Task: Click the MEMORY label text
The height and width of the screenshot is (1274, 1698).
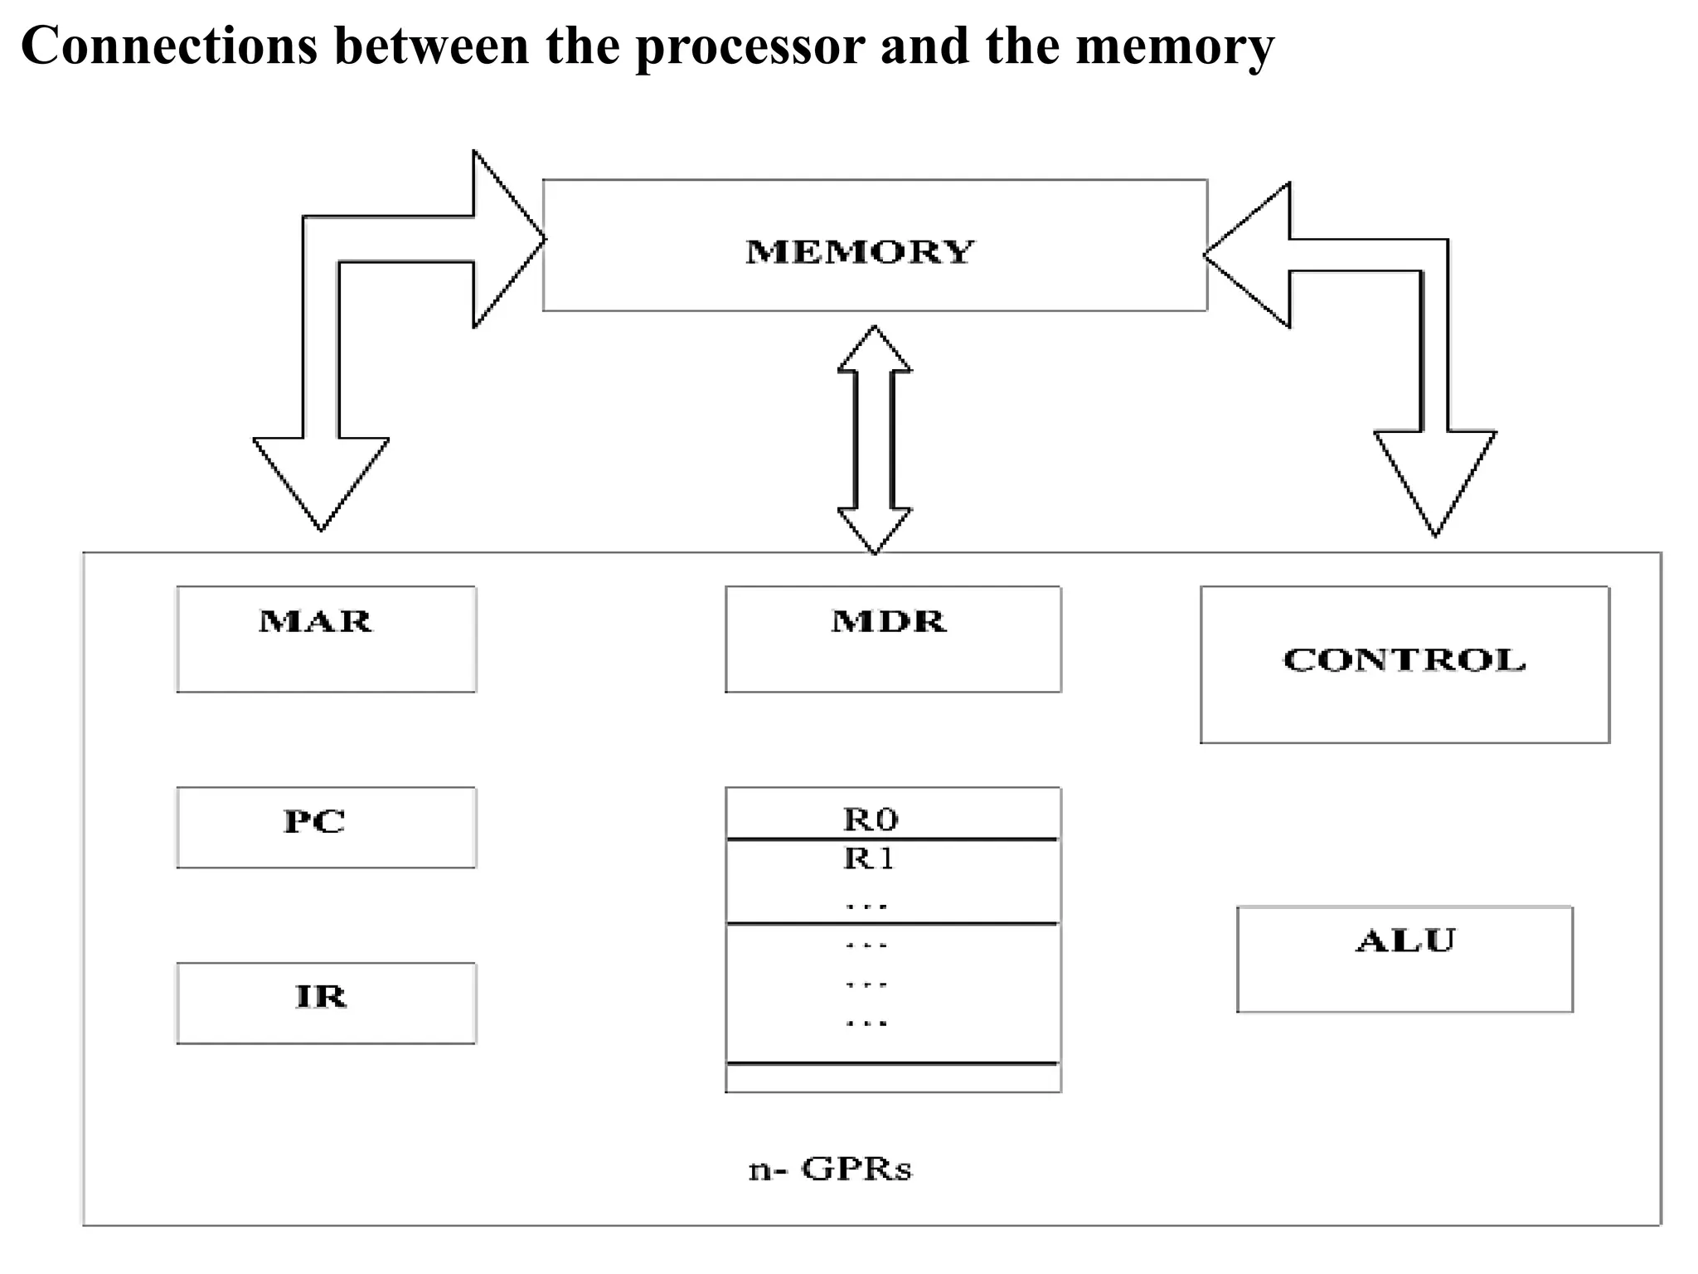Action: [860, 251]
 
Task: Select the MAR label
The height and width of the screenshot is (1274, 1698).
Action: [315, 621]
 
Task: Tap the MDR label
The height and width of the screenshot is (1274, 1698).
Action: [888, 621]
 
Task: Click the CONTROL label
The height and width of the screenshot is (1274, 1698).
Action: [1404, 660]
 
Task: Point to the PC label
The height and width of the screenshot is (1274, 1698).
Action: [314, 822]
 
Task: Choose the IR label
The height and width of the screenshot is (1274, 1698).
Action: [321, 996]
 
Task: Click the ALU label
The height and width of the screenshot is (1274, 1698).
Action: [1405, 941]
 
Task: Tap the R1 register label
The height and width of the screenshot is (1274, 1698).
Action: [869, 858]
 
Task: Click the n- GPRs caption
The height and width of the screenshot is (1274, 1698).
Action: [830, 1169]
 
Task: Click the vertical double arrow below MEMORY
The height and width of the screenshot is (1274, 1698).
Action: [875, 440]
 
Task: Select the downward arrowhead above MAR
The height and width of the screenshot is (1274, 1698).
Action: [321, 481]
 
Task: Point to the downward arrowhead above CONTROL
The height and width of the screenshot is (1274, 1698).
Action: [1435, 481]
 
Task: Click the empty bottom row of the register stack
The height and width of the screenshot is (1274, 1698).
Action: [893, 1077]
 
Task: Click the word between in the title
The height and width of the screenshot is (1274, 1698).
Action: [431, 46]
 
